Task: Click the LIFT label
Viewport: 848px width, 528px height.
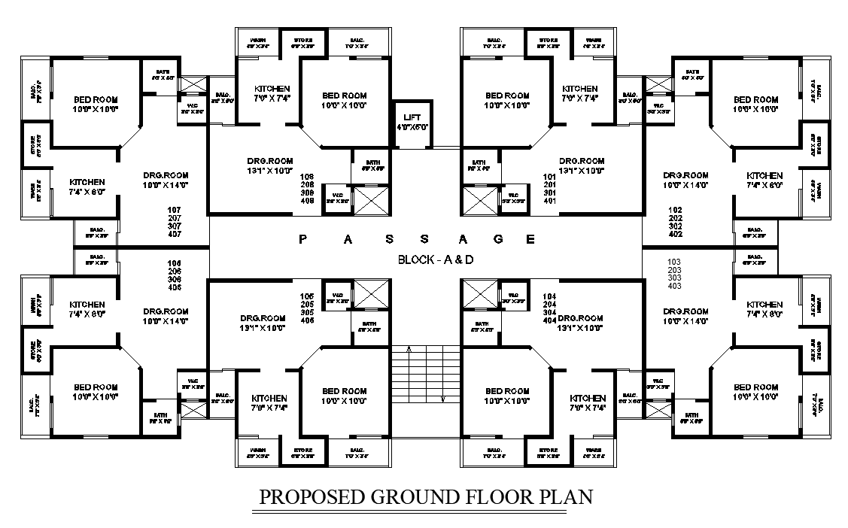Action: tap(412, 117)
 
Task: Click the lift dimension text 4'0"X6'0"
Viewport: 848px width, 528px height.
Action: tap(412, 127)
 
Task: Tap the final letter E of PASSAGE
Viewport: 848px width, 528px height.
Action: tap(530, 239)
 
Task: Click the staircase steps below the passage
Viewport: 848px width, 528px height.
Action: tap(425, 373)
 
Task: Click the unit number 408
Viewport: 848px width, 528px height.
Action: tap(307, 202)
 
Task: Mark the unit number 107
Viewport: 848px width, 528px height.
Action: tap(175, 210)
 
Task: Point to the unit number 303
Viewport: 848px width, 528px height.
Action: tap(674, 278)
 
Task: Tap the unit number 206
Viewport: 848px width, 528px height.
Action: tap(175, 271)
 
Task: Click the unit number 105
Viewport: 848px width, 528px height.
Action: tap(307, 296)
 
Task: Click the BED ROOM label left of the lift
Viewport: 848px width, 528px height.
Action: tap(344, 96)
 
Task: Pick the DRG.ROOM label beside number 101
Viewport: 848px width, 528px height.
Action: tap(582, 161)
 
